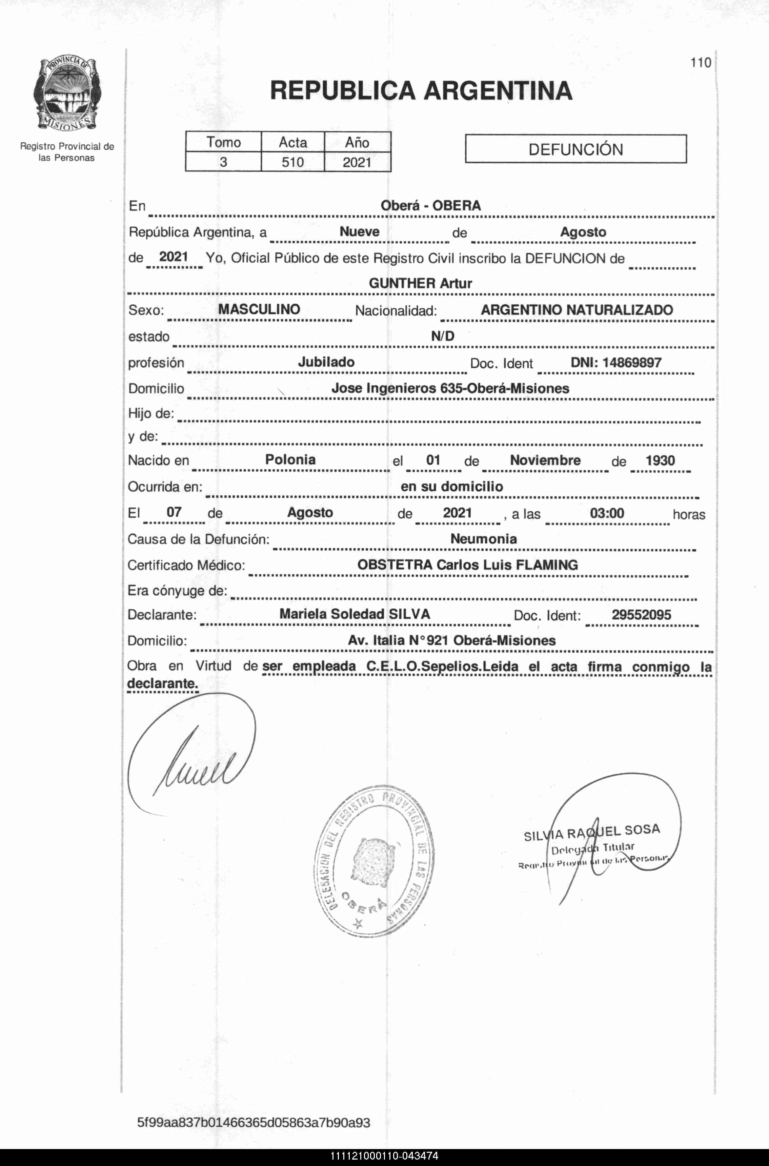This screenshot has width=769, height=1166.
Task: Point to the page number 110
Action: point(700,63)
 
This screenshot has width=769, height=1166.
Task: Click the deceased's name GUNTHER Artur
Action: point(420,283)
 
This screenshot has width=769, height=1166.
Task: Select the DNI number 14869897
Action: point(632,363)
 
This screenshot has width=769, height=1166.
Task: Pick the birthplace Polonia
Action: point(290,460)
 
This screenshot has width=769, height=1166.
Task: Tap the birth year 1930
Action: point(660,461)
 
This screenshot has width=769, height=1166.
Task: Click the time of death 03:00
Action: point(607,513)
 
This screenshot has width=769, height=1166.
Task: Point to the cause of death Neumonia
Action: point(484,539)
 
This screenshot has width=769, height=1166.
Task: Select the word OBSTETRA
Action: point(395,565)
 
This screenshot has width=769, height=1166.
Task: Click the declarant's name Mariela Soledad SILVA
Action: point(355,614)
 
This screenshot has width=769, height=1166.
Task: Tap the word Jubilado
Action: point(326,362)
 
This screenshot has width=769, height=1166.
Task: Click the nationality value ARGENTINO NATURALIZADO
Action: point(577,310)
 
